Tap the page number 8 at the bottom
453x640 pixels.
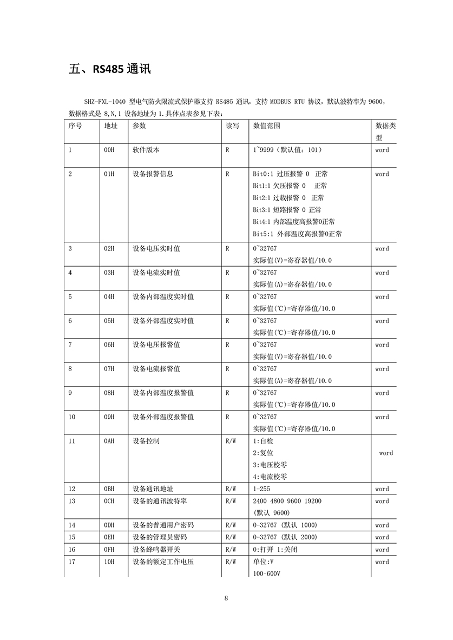click(226, 598)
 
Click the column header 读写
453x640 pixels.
click(232, 126)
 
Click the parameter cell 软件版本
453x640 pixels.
click(146, 150)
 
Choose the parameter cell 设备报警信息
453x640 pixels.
click(153, 174)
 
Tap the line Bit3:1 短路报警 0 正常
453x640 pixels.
click(287, 210)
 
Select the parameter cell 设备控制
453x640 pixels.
click(146, 441)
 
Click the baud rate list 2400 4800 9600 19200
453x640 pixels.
click(287, 501)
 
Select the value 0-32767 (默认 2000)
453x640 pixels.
click(285, 537)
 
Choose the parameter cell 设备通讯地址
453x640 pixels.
click(153, 489)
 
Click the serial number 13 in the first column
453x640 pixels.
click(73, 501)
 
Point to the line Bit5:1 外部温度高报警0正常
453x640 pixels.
click(297, 234)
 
